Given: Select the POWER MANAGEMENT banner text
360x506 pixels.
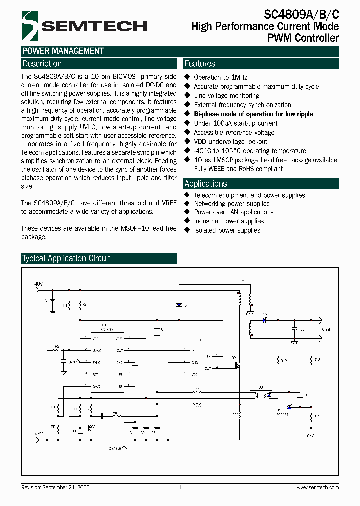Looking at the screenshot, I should point(63,51).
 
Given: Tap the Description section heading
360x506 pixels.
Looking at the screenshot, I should point(42,64).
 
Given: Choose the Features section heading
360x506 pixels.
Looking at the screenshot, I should point(200,64).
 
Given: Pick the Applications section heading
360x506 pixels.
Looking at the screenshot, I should point(205,183).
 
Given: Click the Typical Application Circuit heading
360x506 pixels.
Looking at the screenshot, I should point(66,258).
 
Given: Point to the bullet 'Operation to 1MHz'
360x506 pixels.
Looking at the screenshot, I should point(220,77).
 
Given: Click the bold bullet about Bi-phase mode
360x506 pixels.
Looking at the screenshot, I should point(253,114).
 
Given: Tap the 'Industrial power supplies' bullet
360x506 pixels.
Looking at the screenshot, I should point(229,221).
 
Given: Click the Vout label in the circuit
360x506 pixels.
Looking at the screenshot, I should point(326,330).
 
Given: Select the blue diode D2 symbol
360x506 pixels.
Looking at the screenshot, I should point(264,321).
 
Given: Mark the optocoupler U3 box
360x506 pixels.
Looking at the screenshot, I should point(261,394).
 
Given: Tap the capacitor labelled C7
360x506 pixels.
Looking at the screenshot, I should point(157,330).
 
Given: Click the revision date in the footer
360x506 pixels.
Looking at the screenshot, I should point(55,487).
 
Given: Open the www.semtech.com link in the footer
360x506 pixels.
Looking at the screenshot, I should point(317,487).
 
